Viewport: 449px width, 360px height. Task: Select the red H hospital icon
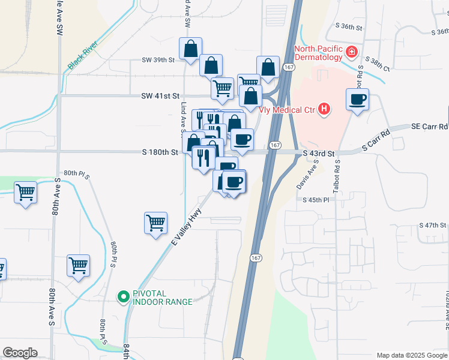(324, 109)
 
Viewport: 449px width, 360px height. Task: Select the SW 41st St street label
(160, 96)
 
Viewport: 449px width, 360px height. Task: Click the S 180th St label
(160, 152)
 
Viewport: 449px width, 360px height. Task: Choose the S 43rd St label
(318, 154)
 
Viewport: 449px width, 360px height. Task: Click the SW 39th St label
(158, 60)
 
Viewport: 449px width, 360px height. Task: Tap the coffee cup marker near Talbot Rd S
(358, 100)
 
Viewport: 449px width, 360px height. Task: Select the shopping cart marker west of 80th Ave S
(26, 193)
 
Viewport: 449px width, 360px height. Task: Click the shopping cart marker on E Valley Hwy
(156, 223)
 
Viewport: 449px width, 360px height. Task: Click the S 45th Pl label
(316, 200)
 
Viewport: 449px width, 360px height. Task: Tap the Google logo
(20, 353)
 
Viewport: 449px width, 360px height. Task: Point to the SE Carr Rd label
(429, 127)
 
